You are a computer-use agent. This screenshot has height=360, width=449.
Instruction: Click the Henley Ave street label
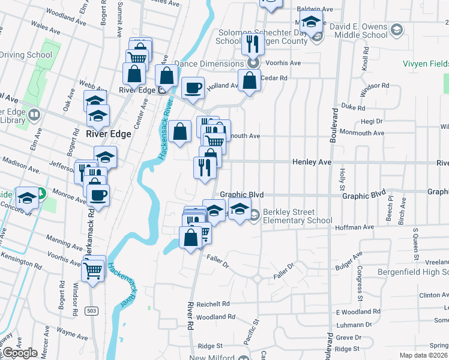tap(312, 162)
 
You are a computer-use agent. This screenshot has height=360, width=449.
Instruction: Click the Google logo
tap(19, 353)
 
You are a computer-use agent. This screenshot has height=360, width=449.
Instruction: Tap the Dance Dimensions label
tap(209, 62)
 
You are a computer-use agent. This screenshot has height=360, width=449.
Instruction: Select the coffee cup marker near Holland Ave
tap(193, 88)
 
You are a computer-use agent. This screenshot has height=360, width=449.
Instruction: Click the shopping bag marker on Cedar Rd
tap(249, 80)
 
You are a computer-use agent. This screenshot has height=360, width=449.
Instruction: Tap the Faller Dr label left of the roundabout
tap(218, 260)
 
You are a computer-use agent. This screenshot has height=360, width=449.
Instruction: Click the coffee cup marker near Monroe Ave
tap(98, 194)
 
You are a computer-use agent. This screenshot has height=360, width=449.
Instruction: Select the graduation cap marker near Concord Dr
tap(27, 198)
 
